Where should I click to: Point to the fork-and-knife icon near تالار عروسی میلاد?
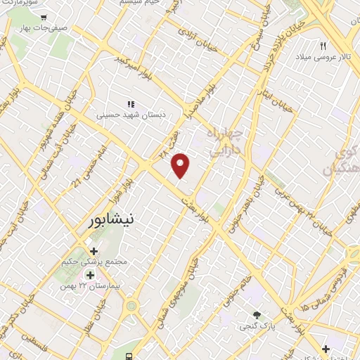point(323,45)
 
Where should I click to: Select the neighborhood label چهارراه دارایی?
point(225,141)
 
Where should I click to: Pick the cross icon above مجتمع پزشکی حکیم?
point(94,250)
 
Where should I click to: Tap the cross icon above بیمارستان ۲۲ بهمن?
point(91,274)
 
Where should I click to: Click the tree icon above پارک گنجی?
point(257,316)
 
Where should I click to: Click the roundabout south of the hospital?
point(131,307)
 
